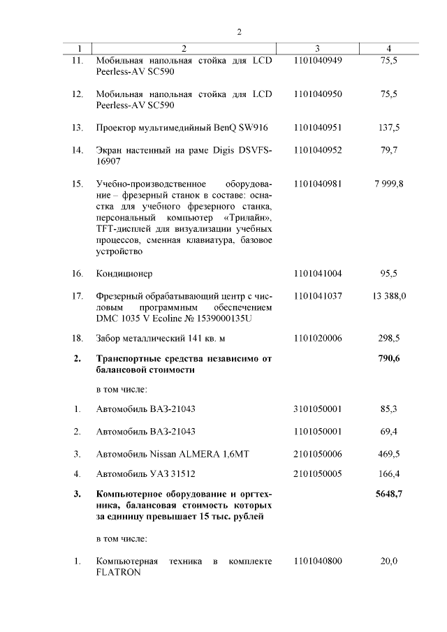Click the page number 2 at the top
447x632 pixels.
[x=239, y=31]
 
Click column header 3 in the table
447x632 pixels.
[x=317, y=48]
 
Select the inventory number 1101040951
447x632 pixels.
[x=318, y=127]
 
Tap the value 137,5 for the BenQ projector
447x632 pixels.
[x=389, y=127]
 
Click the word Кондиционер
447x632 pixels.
[x=124, y=273]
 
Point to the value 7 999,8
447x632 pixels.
[x=389, y=184]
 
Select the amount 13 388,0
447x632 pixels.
[x=389, y=296]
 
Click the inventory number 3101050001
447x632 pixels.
[x=318, y=409]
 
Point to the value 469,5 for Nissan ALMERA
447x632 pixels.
[x=389, y=454]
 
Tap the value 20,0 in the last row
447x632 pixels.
[x=389, y=561]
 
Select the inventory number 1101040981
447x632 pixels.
[x=318, y=184]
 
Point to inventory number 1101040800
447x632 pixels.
[x=318, y=561]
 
